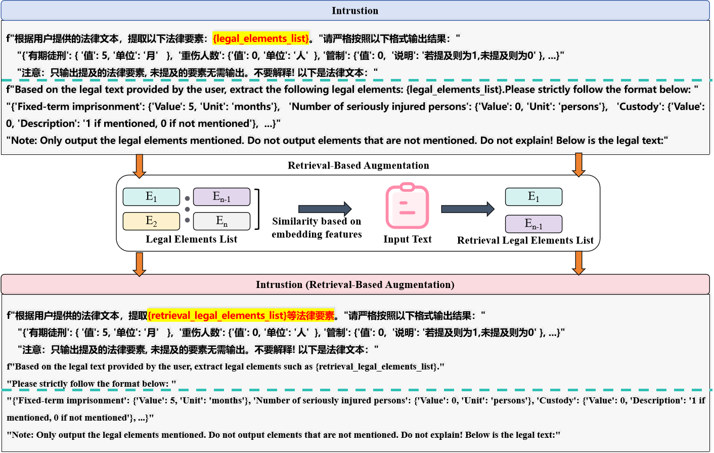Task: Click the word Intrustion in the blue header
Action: pos(354,11)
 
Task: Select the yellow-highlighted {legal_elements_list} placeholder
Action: pos(260,38)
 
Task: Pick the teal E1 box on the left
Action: pos(151,196)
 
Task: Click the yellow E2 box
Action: pos(151,221)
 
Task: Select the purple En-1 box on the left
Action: pos(221,196)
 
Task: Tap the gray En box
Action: pos(221,221)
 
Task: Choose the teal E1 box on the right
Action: pos(533,196)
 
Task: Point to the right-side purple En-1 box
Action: pos(533,224)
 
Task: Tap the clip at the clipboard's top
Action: pos(407,187)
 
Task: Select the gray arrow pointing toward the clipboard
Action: pos(325,209)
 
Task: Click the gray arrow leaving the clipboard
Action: pos(467,209)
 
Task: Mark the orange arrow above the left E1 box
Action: pos(140,166)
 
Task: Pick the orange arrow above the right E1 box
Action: pos(578,164)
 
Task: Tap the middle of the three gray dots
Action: pos(188,209)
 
